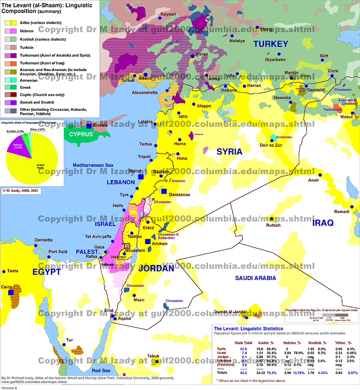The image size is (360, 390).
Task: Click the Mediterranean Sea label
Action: click(94, 165)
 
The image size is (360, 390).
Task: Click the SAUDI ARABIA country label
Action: click(256, 278)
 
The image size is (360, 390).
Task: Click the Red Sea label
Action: click(101, 370)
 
